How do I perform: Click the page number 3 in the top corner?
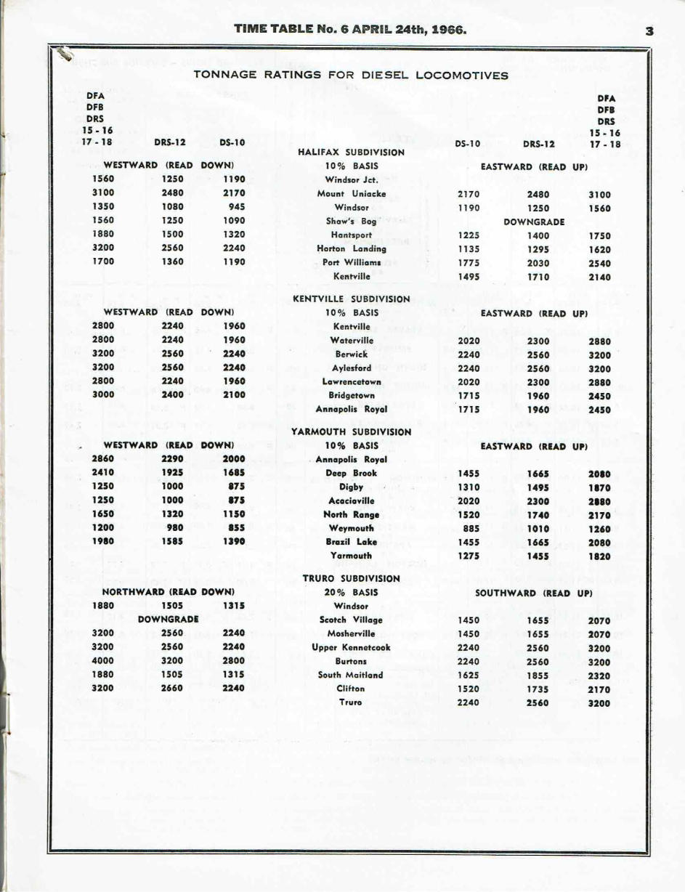[x=649, y=31]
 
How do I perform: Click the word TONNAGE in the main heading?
[x=225, y=75]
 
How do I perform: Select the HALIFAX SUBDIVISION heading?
[x=352, y=153]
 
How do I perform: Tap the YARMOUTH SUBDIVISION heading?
[x=351, y=431]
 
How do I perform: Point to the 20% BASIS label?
[x=352, y=592]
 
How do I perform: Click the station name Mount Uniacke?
[x=352, y=194]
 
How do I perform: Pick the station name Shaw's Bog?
[x=352, y=222]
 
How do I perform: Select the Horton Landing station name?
[x=352, y=248]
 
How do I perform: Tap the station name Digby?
[x=352, y=487]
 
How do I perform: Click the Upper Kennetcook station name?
[x=352, y=647]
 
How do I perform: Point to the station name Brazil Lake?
[x=352, y=542]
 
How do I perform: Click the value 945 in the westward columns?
[x=235, y=208]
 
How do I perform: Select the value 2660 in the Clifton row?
[x=172, y=688]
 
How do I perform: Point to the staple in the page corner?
[x=68, y=54]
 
